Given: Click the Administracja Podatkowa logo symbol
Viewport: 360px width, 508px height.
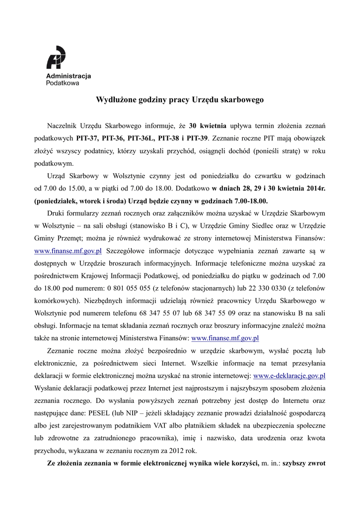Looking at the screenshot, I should click(x=56, y=58).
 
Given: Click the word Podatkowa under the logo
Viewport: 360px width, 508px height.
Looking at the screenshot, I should click(x=63, y=84).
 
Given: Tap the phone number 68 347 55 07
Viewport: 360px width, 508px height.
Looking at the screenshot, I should click(x=171, y=313).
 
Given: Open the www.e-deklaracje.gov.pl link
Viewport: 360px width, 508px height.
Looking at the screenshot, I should click(x=289, y=376).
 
